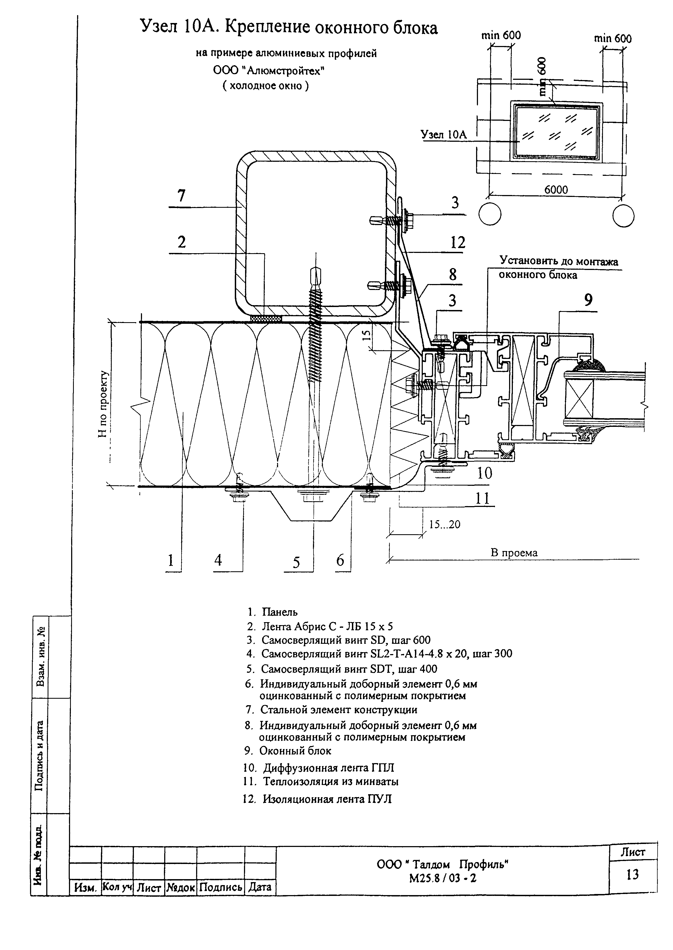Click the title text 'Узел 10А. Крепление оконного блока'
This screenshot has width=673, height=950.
pyautogui.click(x=289, y=28)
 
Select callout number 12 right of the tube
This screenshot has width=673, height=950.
pyautogui.click(x=458, y=242)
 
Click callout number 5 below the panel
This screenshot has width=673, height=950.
pyautogui.click(x=296, y=562)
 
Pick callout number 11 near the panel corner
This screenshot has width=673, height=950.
pyautogui.click(x=482, y=498)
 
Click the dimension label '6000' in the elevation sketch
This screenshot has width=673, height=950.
pyautogui.click(x=556, y=190)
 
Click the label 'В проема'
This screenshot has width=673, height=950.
pyautogui.click(x=514, y=553)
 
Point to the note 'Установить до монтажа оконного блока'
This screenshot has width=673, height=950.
pyautogui.click(x=558, y=268)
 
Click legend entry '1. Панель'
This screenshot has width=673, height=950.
pyautogui.click(x=273, y=612)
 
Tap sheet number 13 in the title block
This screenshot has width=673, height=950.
pyautogui.click(x=632, y=874)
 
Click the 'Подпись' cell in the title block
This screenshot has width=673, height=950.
pyautogui.click(x=220, y=887)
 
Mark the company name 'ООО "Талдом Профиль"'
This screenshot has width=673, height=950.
pyautogui.click(x=443, y=864)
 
